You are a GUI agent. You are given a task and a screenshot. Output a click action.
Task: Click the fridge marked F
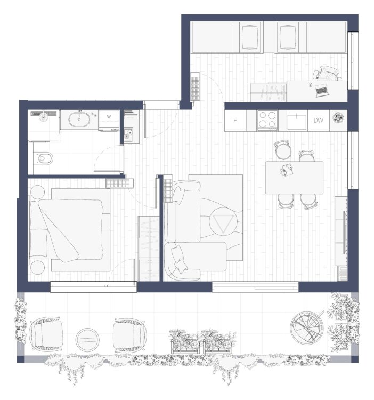click(x=235, y=121)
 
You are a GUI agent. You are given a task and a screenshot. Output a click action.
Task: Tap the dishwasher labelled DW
click(x=319, y=121)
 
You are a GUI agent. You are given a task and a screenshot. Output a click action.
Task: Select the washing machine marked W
click(x=109, y=120)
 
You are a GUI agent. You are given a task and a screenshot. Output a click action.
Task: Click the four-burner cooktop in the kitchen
click(x=267, y=121)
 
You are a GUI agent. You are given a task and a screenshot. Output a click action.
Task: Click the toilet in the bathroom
click(x=43, y=158)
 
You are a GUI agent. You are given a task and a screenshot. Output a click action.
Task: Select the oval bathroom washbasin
click(x=79, y=119)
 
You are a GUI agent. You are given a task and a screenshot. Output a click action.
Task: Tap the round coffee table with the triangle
click(x=223, y=221)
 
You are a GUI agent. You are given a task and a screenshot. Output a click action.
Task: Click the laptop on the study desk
click(x=321, y=90)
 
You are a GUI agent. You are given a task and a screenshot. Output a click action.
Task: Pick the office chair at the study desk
click(x=327, y=73)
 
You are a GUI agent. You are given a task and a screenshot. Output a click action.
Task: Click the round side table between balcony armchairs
click(x=87, y=340)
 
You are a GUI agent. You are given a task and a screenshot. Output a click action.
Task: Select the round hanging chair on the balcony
click(x=307, y=327)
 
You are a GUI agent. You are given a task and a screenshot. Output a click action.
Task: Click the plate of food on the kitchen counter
click(x=338, y=118)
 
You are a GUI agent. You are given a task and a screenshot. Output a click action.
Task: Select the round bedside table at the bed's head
click(x=37, y=192)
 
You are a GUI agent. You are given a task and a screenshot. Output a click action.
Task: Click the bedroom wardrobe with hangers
click(x=149, y=249)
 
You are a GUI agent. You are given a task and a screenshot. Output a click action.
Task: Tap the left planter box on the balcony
click(x=185, y=342)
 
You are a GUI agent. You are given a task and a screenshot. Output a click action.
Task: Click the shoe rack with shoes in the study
click(x=269, y=92)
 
